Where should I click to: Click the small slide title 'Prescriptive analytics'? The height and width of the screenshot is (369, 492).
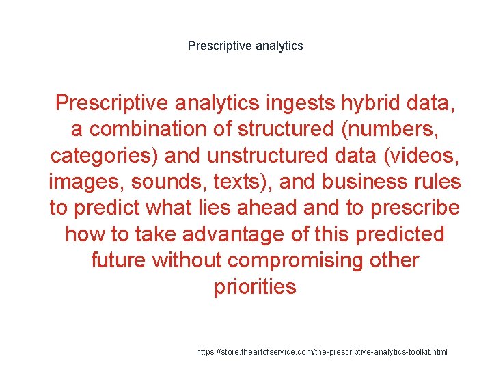[245, 46]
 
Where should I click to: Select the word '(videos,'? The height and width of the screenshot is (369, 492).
[420, 155]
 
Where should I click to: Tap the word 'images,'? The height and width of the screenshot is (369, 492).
[87, 182]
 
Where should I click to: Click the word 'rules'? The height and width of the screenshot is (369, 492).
[437, 182]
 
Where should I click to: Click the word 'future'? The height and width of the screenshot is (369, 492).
[119, 260]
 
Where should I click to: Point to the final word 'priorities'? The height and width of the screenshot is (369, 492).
[255, 286]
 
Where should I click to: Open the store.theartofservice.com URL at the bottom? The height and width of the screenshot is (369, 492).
[321, 351]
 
